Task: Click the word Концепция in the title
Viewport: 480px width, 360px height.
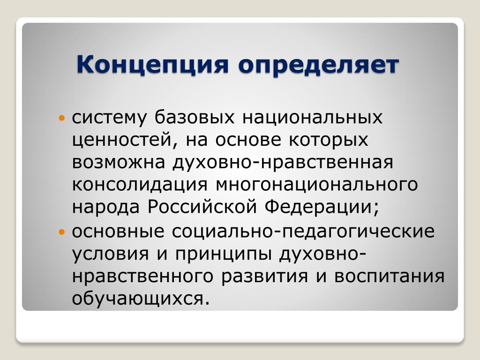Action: (153, 66)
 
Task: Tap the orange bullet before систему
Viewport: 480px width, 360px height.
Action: (62, 118)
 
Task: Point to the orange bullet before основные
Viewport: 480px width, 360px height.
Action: (62, 232)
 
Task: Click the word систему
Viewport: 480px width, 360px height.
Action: (109, 118)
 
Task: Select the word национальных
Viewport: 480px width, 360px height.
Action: (312, 118)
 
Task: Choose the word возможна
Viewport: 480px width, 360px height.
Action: (119, 162)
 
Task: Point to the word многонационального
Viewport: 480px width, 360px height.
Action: (317, 185)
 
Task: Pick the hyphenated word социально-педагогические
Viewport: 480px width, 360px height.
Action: (303, 232)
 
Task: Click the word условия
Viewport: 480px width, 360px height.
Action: (111, 254)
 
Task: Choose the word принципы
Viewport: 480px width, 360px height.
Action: (223, 254)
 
